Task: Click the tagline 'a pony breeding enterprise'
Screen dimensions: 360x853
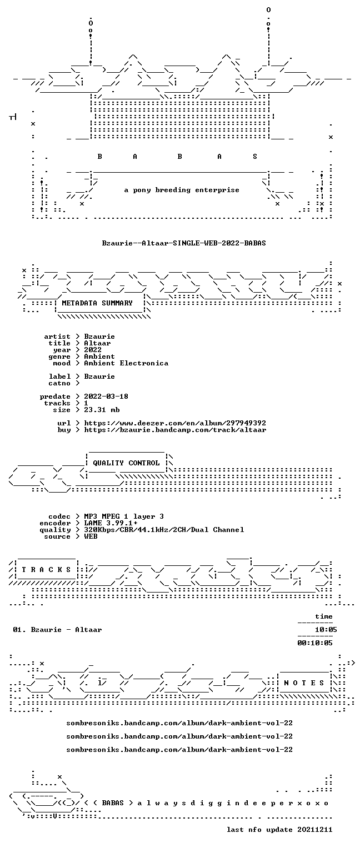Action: (x=182, y=190)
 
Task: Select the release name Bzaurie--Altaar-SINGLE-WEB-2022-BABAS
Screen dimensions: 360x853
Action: (x=184, y=243)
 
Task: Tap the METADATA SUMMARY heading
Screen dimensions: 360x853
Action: (x=97, y=303)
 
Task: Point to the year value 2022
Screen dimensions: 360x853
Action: (x=93, y=349)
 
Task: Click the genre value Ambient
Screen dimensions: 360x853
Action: (x=99, y=357)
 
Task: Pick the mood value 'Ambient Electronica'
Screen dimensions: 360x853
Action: (x=126, y=363)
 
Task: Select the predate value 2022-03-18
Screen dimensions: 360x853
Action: (x=106, y=397)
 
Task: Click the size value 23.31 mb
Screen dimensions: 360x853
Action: (x=102, y=410)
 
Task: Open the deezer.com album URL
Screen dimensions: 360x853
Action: (x=175, y=423)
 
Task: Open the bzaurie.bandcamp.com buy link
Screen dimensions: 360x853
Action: (x=175, y=430)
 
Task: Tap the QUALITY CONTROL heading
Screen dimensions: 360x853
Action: (x=126, y=463)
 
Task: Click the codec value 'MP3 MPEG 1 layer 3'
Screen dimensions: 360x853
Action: (x=124, y=516)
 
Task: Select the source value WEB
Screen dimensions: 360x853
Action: (x=91, y=536)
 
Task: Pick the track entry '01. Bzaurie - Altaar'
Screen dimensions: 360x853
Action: (x=58, y=630)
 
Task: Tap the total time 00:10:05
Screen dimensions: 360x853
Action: (x=315, y=643)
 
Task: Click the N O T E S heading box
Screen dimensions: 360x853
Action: (x=304, y=683)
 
